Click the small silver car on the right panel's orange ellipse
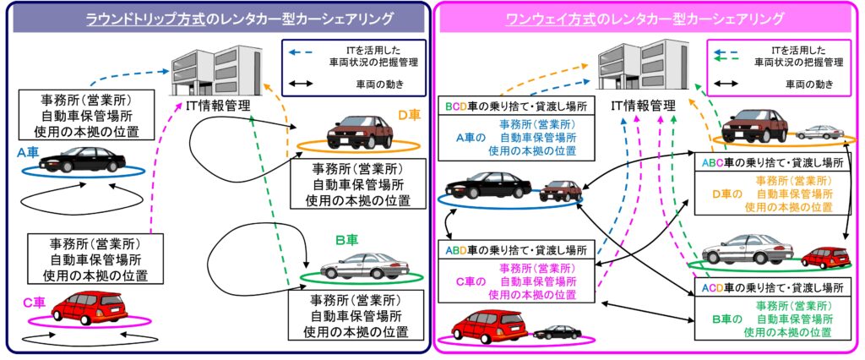819,132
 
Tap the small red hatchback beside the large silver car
825,258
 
